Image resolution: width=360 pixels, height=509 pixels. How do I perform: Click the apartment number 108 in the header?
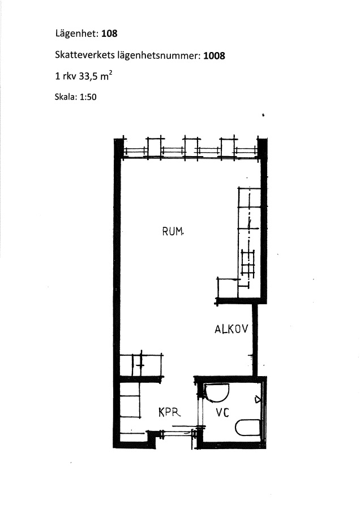[x=109, y=33]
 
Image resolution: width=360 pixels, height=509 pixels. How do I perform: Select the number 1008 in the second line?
[x=214, y=56]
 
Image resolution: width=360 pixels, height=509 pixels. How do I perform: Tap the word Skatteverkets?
[x=85, y=55]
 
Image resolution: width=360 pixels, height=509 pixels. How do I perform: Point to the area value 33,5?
[x=88, y=76]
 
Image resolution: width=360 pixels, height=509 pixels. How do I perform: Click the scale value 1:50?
[x=88, y=97]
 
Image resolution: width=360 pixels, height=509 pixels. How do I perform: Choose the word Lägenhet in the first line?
[x=76, y=33]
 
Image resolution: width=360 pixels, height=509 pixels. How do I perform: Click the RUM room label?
[x=173, y=231]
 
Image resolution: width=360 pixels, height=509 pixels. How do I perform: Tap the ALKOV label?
[x=232, y=329]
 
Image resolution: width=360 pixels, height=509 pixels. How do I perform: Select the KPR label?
[x=169, y=412]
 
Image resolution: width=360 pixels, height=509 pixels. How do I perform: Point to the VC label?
[x=222, y=413]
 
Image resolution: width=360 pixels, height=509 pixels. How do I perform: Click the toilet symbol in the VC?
[x=247, y=428]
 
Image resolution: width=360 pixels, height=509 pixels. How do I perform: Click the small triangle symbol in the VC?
[x=258, y=399]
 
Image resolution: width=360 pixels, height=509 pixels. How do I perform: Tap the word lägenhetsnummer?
[x=158, y=56]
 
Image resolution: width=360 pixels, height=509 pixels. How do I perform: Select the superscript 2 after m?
[x=111, y=74]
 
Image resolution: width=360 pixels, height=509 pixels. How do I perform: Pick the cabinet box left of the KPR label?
[x=130, y=400]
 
